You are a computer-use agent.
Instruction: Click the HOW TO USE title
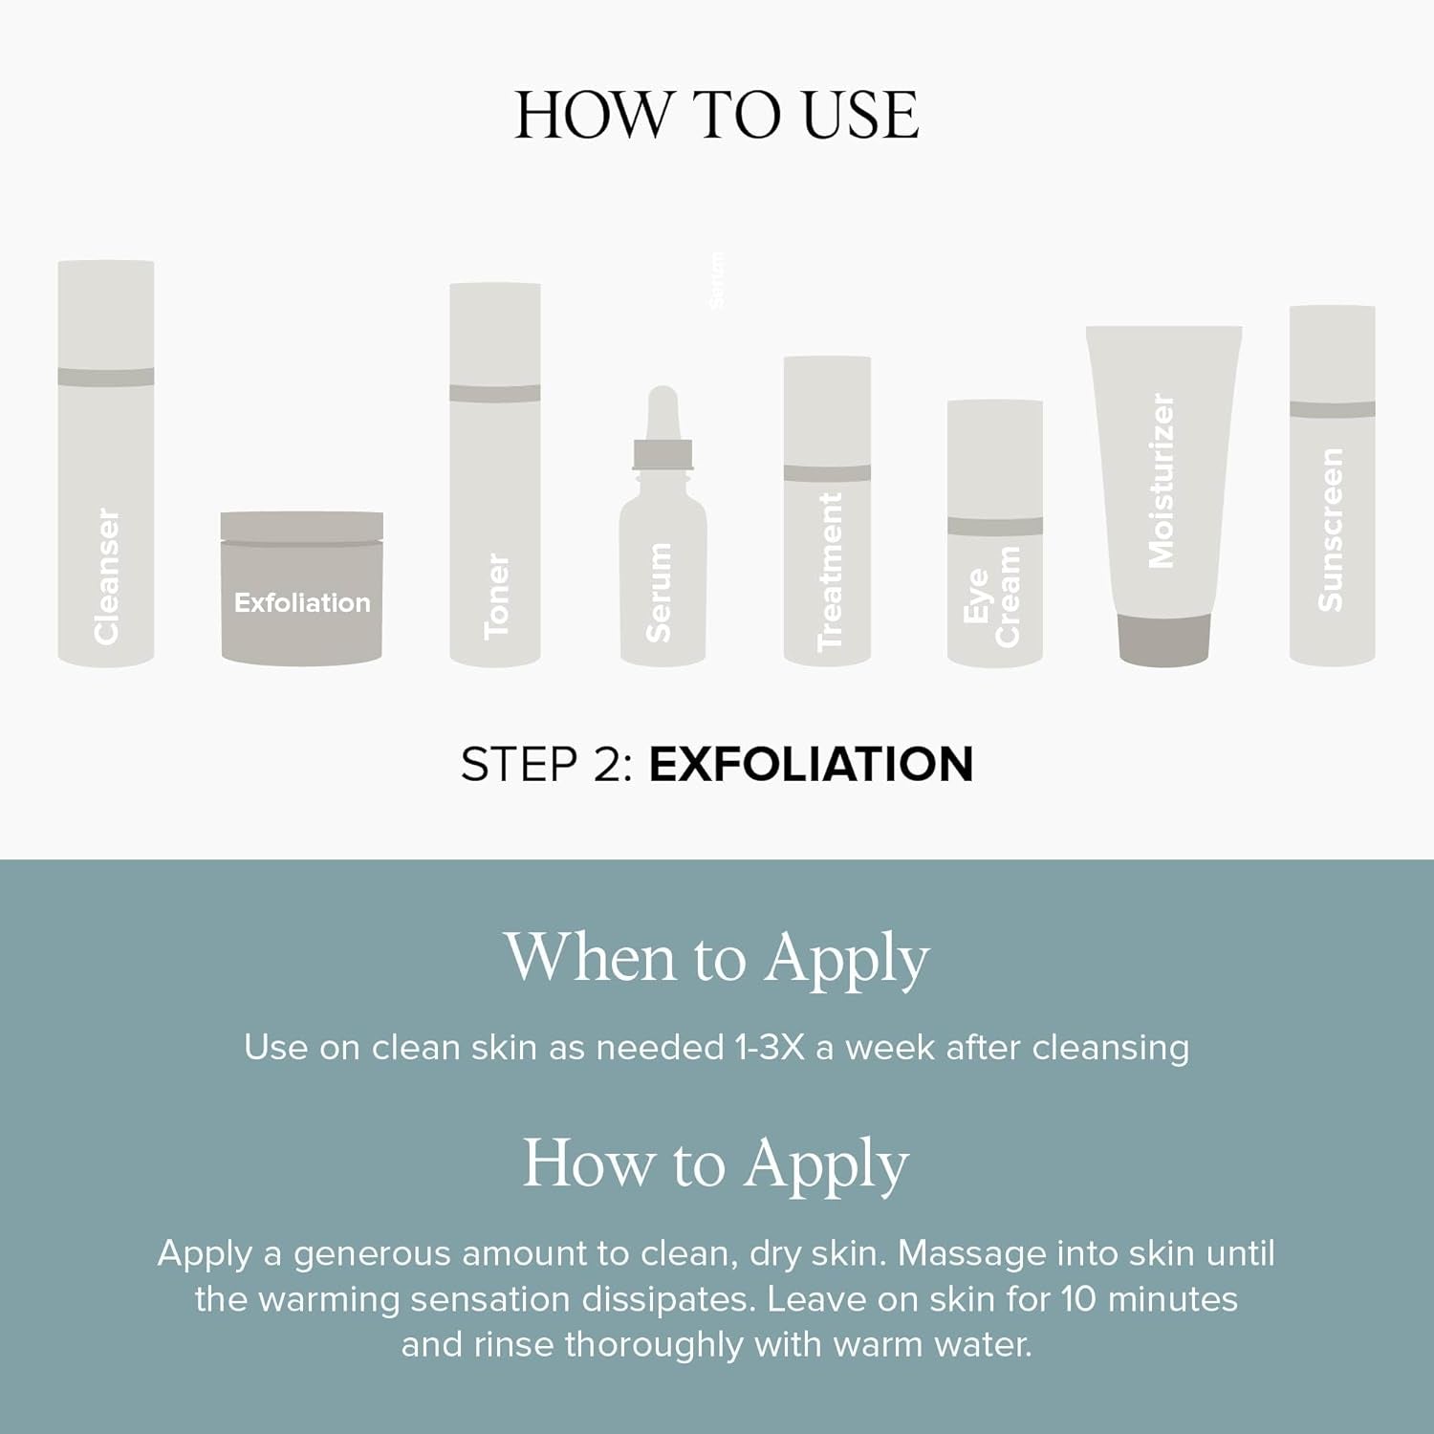(x=717, y=116)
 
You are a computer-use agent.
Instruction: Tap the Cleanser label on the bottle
(x=106, y=576)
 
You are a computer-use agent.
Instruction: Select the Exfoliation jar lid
(x=302, y=527)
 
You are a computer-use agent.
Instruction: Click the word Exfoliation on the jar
(x=302, y=602)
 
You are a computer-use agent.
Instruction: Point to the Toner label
(x=496, y=596)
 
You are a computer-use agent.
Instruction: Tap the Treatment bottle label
(x=830, y=572)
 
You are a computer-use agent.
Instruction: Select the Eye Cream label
(x=992, y=597)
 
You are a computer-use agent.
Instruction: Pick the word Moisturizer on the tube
(x=1161, y=481)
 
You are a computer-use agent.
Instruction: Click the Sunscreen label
(x=1330, y=530)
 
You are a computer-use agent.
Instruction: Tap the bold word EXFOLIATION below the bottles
(x=811, y=765)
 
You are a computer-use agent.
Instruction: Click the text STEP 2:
(x=547, y=765)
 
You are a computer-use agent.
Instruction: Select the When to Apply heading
(x=717, y=959)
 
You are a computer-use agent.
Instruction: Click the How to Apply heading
(x=716, y=1165)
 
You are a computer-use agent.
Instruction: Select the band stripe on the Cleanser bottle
(x=106, y=377)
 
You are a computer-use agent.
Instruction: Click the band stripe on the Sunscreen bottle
(x=1333, y=409)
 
